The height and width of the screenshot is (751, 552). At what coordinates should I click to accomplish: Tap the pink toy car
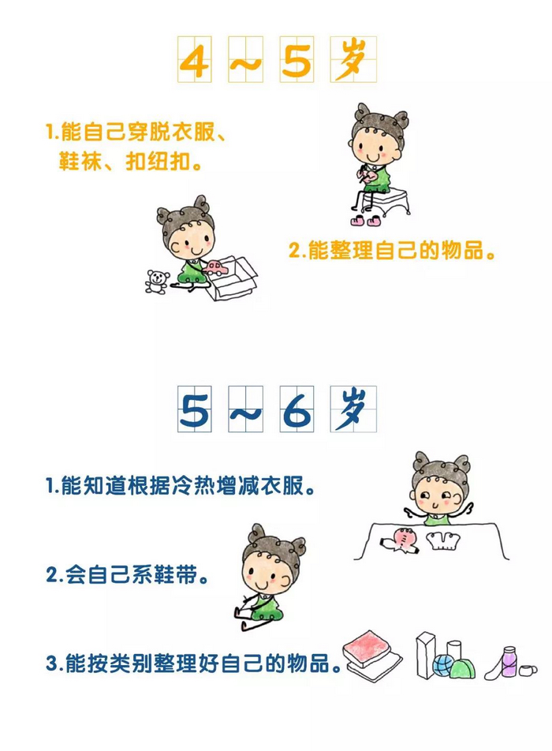click(215, 267)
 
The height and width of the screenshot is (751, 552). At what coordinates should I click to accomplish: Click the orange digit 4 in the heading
click(194, 60)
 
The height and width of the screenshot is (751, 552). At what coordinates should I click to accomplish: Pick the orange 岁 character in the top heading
click(352, 58)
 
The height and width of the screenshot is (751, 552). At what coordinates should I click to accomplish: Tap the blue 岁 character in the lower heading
click(352, 409)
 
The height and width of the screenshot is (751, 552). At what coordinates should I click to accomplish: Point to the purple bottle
click(509, 662)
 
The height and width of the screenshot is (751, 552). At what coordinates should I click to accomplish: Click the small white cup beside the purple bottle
click(527, 670)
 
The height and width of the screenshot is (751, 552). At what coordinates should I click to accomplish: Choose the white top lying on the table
click(443, 540)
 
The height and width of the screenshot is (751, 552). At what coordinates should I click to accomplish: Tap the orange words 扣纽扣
click(158, 162)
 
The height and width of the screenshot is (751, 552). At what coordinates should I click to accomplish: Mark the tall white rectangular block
click(425, 656)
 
